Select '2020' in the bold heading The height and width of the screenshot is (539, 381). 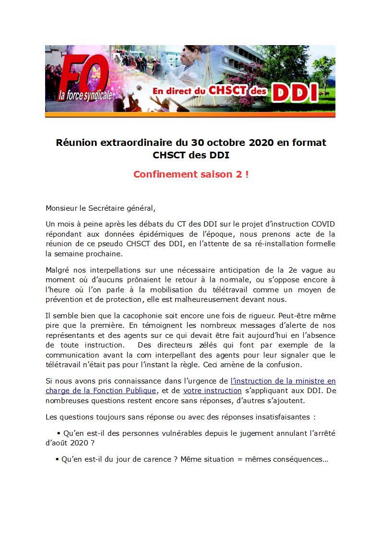tap(261, 143)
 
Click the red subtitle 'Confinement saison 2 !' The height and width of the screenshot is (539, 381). tap(191, 174)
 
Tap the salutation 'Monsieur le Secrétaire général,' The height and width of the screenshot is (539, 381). tap(101, 208)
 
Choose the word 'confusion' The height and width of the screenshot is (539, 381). tap(299, 365)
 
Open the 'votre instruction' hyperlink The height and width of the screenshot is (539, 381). tap(212, 391)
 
